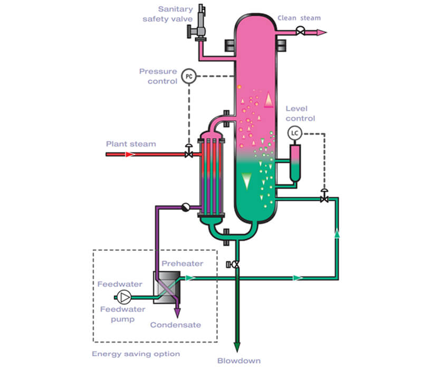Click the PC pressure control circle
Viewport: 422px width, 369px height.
189,76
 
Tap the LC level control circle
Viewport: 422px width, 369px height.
295,134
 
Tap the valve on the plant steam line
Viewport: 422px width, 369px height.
188,154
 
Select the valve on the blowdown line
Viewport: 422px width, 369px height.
235,264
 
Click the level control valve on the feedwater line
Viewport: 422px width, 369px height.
324,199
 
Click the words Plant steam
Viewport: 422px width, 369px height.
131,143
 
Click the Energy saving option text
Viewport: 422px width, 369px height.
136,354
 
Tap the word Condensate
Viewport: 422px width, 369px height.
175,325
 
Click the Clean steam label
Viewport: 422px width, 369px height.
299,18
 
